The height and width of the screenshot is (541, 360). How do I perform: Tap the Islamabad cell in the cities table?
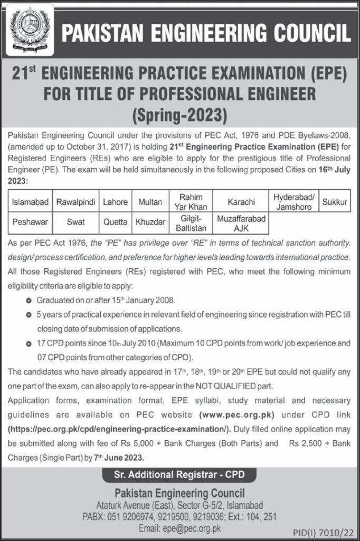[x=29, y=202]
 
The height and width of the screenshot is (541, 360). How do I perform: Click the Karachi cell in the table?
[x=241, y=202]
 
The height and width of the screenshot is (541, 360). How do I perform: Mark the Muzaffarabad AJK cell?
[x=241, y=223]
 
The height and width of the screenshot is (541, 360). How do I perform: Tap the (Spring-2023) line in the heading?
[x=179, y=114]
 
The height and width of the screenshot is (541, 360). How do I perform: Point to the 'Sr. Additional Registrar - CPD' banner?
[x=179, y=475]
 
